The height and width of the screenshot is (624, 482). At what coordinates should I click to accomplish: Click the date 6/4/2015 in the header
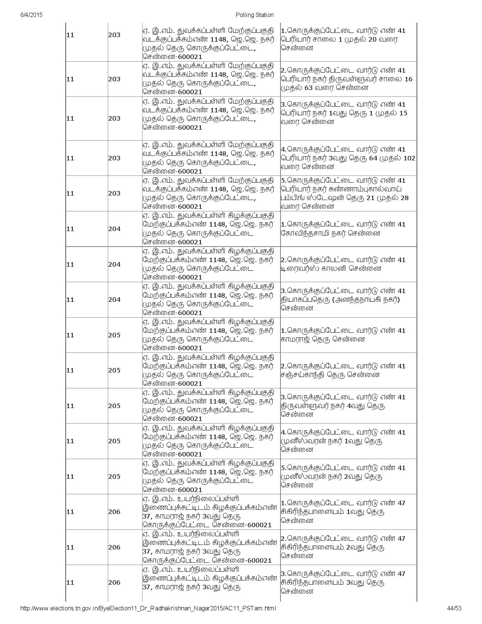tap(31, 15)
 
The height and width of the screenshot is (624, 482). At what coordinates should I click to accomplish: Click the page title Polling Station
tap(254, 15)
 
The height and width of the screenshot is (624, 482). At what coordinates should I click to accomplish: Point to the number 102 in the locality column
tap(409, 158)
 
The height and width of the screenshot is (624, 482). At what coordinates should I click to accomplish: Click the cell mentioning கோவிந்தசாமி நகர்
tap(348, 229)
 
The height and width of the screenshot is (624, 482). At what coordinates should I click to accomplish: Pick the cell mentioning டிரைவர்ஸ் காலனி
tap(348, 264)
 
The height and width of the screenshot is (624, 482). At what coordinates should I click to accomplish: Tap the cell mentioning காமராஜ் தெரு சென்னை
tap(348, 335)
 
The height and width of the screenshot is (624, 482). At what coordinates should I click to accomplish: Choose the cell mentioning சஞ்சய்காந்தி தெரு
tap(348, 370)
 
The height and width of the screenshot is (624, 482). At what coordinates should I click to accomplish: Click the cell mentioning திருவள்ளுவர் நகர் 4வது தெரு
tap(348, 405)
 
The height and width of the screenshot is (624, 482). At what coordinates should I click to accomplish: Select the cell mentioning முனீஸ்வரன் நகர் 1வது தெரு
tap(348, 441)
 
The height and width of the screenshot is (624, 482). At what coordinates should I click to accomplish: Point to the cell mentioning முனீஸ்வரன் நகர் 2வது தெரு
tap(348, 477)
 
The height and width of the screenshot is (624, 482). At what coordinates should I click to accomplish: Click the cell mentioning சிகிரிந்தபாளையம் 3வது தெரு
tap(348, 582)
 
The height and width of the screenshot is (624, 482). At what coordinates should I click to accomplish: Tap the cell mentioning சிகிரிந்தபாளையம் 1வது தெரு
tap(348, 512)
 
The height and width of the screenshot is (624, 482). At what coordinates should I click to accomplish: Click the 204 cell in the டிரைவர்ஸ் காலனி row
tap(114, 264)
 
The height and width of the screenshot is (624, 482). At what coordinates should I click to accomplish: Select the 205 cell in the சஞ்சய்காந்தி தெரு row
tap(114, 370)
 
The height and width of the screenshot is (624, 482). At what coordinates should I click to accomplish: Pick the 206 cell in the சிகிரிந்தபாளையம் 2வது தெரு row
tap(114, 547)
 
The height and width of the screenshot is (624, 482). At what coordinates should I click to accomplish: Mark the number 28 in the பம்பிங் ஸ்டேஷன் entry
tap(404, 198)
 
